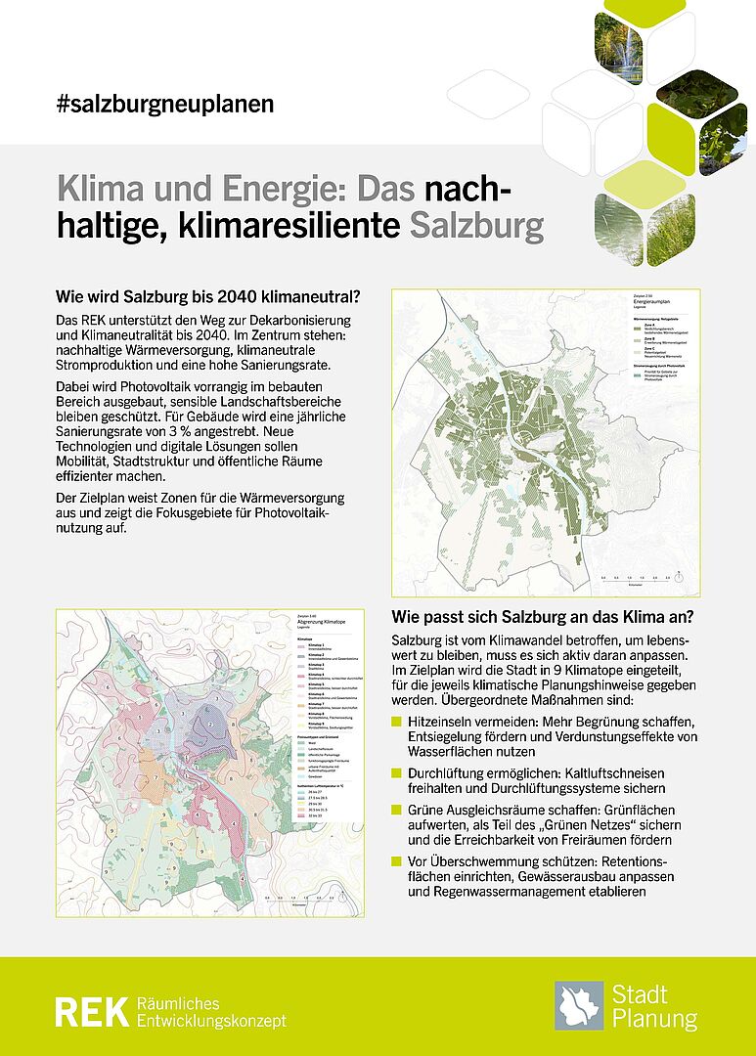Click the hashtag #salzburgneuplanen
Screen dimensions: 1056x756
point(165,104)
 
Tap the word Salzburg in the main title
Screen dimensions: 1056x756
point(475,226)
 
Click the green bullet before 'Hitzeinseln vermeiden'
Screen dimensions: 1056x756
point(396,721)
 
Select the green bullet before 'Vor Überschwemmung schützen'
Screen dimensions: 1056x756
point(396,860)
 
